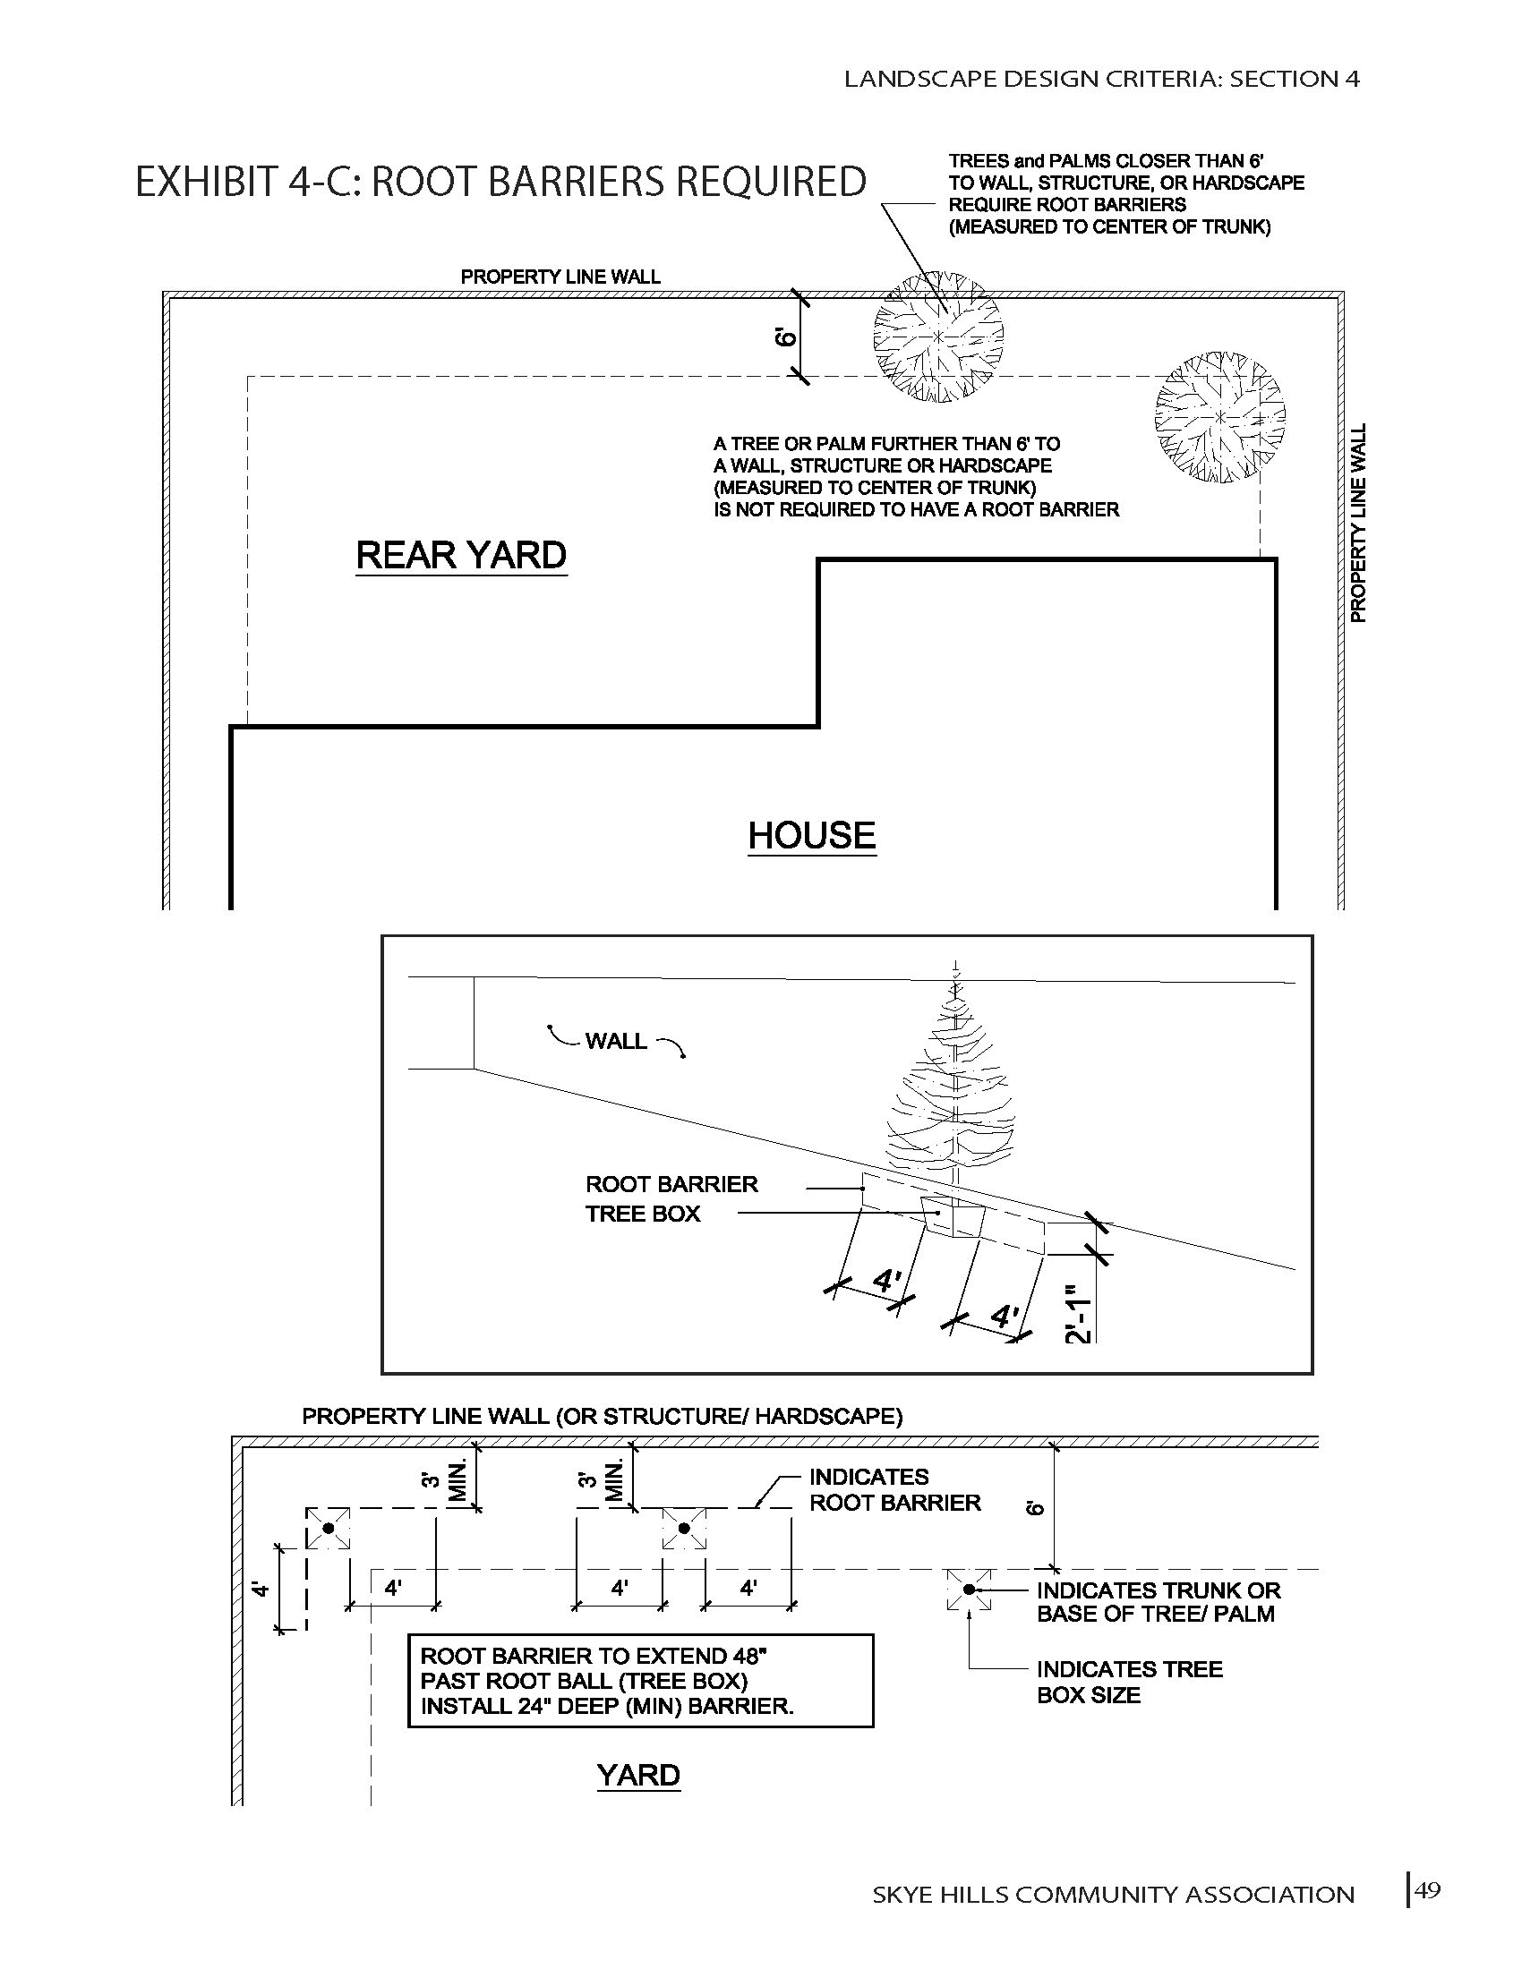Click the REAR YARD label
pos(461,556)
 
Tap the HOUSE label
pos(811,835)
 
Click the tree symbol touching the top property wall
pos(937,337)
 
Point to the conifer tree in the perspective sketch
pos(951,1095)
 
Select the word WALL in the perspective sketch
pos(616,1041)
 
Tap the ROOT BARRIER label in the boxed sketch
pos(671,1184)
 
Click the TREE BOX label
pos(643,1214)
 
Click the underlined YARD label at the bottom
pos(638,1775)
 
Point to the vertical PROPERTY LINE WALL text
pos(1358,523)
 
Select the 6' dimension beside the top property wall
pos(786,337)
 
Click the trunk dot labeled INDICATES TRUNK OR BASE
pos(970,1590)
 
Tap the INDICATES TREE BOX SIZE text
pos(1129,1682)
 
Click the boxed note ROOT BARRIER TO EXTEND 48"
pos(640,1681)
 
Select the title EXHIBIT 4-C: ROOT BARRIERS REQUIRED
pos(500,182)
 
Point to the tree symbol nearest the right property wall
pos(1220,417)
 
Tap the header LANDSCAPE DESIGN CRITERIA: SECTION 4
pos(1101,80)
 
